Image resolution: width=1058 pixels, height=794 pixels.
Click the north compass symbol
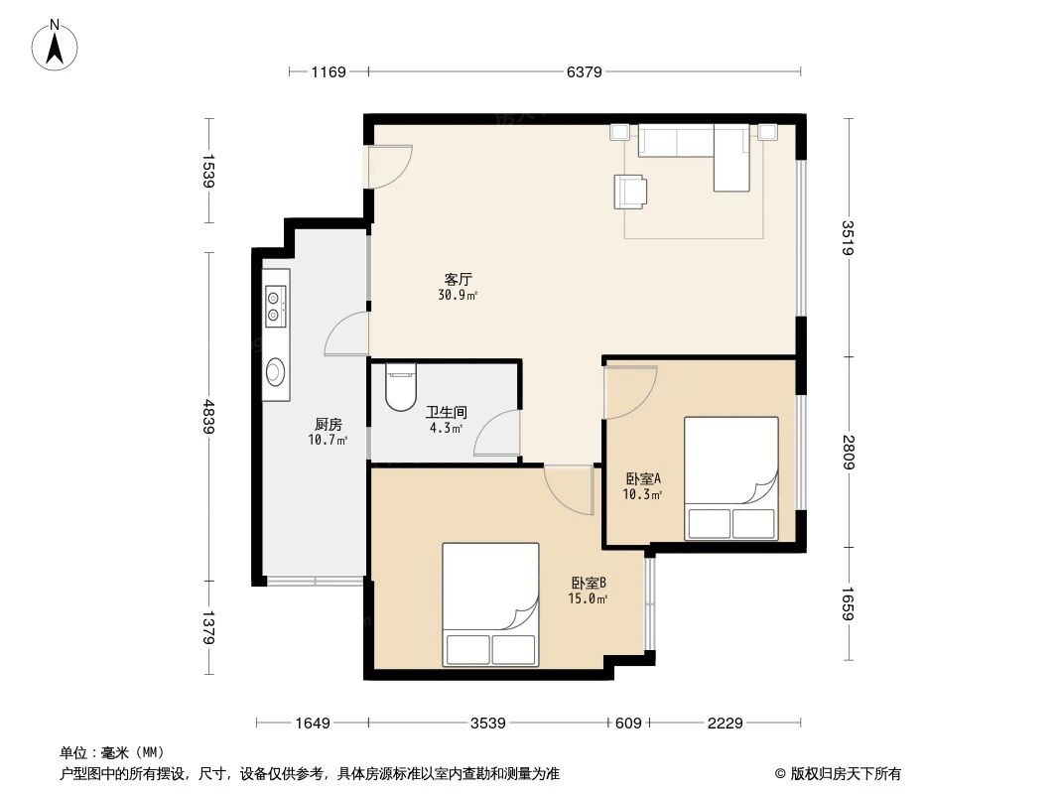(x=57, y=45)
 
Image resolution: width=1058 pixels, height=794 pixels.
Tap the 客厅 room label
(x=458, y=279)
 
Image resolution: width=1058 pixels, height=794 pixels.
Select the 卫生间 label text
(x=446, y=412)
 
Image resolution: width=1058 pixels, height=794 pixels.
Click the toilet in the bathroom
(x=401, y=389)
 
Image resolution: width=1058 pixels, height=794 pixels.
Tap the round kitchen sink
(x=275, y=371)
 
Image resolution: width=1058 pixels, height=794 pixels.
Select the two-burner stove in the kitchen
(x=275, y=305)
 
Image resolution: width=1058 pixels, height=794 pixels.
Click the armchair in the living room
(x=630, y=192)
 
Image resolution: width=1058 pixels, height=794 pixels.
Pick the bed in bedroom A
(x=731, y=478)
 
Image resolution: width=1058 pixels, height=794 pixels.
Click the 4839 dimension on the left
(x=208, y=416)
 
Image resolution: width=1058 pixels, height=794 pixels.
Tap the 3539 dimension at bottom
(x=488, y=723)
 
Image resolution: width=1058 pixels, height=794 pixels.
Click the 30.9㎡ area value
(x=458, y=295)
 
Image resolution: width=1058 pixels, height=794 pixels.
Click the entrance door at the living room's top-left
(x=388, y=167)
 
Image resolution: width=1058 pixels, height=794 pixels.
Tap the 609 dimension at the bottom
(x=627, y=723)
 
